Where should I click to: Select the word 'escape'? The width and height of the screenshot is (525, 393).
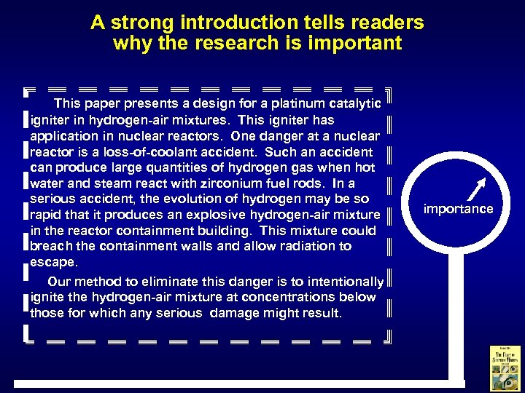point(52,262)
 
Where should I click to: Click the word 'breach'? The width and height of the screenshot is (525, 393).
point(51,246)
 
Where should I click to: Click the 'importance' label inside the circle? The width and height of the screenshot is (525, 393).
point(459,210)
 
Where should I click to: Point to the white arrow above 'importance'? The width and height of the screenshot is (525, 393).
point(475,188)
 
